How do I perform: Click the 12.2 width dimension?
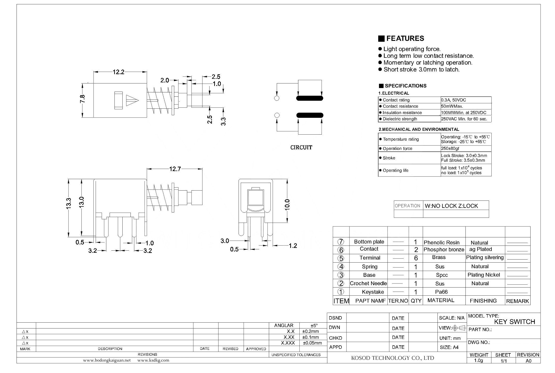coord(119,72)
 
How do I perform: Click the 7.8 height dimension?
coord(82,99)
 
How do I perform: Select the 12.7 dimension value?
coord(175,169)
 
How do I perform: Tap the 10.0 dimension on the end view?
coord(287,205)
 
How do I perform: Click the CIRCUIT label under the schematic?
coord(301,147)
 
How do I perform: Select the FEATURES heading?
coord(405,38)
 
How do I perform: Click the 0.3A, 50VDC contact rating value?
coord(454,100)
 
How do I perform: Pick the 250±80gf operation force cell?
coord(450,148)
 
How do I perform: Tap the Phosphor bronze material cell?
coord(444,250)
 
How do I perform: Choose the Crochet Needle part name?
coord(368,283)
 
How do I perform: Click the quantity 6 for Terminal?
coord(416,258)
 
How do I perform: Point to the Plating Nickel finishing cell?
coord(484,275)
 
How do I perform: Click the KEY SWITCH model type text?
coord(515,322)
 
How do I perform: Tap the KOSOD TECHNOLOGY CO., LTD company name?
coord(392,358)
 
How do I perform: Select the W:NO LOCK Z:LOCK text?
coord(451,206)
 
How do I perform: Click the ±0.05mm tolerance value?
coord(312,343)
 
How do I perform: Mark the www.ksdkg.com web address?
coord(153,360)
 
